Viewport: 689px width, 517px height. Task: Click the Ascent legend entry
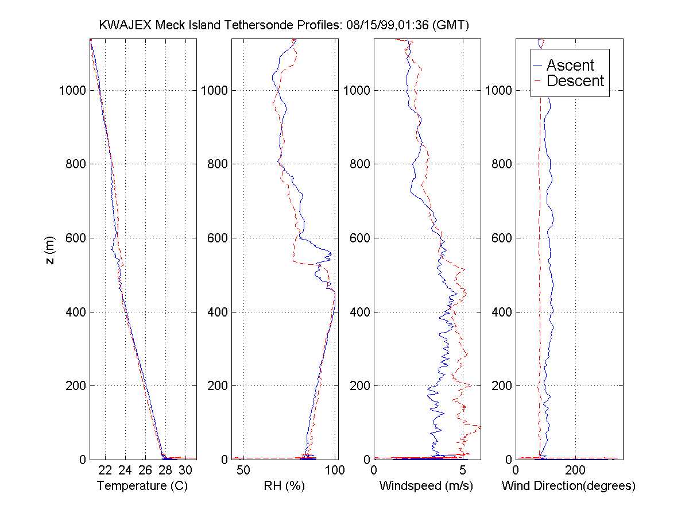click(x=570, y=65)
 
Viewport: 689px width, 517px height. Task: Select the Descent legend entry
click(x=575, y=81)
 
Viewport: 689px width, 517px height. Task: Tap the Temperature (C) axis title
click(x=142, y=486)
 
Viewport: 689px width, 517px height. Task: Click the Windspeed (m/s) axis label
click(x=426, y=486)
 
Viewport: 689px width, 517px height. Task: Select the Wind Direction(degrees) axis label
click(x=568, y=486)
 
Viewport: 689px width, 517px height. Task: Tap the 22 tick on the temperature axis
click(x=105, y=470)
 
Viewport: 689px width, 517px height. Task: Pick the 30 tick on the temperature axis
click(x=185, y=470)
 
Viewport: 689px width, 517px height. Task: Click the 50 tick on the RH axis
click(x=244, y=470)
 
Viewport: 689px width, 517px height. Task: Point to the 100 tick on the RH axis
click(x=334, y=470)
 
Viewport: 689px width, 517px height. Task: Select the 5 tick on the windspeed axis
click(x=463, y=470)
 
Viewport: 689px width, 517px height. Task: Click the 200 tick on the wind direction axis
click(x=575, y=470)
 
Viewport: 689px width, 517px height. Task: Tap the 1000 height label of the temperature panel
click(x=72, y=91)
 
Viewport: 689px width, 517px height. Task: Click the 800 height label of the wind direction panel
click(x=501, y=164)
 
